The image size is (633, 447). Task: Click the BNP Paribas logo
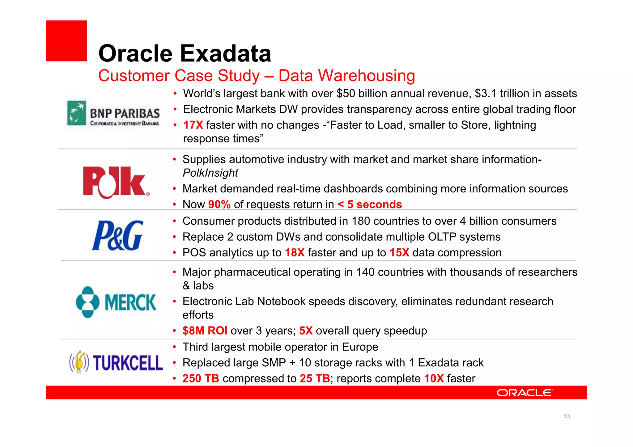pyautogui.click(x=113, y=114)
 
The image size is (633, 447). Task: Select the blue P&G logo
pyautogui.click(x=117, y=235)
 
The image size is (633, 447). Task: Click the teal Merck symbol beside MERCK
pyautogui.click(x=87, y=302)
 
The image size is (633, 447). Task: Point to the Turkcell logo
pyautogui.click(x=116, y=362)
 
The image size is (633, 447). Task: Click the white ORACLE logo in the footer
pyautogui.click(x=524, y=393)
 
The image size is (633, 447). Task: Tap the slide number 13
pyautogui.click(x=567, y=416)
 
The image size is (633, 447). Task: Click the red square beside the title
pyautogui.click(x=66, y=41)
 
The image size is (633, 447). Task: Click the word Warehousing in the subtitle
pyautogui.click(x=366, y=76)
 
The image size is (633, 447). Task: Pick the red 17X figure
pyautogui.click(x=193, y=125)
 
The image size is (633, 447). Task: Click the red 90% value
pyautogui.click(x=219, y=205)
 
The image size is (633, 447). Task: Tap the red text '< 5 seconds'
pyautogui.click(x=370, y=205)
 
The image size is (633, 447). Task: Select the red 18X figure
pyautogui.click(x=295, y=253)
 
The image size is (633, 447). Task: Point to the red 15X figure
pyautogui.click(x=399, y=253)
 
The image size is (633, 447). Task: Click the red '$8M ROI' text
pyautogui.click(x=205, y=331)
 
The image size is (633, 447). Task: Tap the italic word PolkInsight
pyautogui.click(x=210, y=173)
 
